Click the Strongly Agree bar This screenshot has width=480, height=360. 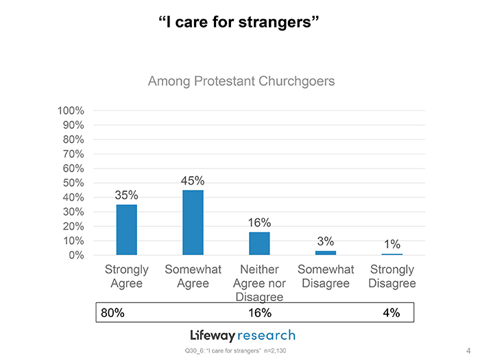click(x=127, y=230)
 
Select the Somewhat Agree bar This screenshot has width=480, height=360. click(x=193, y=222)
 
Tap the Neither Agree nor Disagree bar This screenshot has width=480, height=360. click(x=259, y=243)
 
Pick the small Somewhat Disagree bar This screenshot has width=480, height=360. click(x=326, y=252)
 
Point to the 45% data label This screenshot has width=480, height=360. click(x=193, y=181)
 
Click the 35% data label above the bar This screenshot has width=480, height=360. click(x=126, y=195)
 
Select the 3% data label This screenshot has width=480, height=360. click(x=326, y=241)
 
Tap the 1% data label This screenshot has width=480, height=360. click(x=392, y=244)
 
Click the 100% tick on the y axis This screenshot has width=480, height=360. click(x=71, y=110)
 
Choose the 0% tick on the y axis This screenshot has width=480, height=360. click(x=77, y=255)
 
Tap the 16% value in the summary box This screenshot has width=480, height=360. click(x=259, y=313)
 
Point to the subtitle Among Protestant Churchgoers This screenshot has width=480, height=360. click(x=241, y=82)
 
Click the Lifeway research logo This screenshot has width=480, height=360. click(x=242, y=335)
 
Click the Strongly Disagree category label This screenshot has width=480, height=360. click(x=392, y=276)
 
